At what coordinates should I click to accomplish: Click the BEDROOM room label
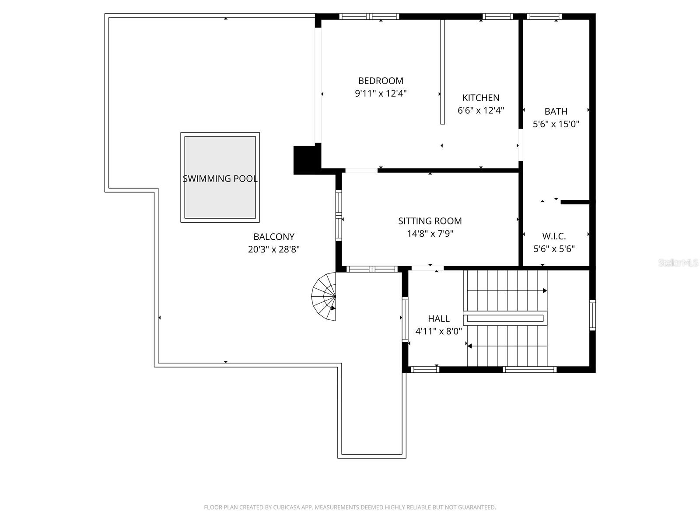(381, 80)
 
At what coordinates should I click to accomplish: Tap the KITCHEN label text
(480, 98)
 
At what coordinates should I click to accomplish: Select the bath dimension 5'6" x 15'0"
(556, 124)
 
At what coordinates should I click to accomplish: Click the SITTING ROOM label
(430, 221)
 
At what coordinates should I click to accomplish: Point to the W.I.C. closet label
(554, 236)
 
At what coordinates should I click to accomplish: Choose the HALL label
(439, 318)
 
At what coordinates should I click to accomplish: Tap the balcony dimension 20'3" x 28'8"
(273, 249)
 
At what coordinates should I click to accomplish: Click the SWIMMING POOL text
(220, 178)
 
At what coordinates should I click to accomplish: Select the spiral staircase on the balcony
(324, 297)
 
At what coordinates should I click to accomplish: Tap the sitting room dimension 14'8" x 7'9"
(430, 234)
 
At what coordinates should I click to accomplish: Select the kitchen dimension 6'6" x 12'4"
(480, 110)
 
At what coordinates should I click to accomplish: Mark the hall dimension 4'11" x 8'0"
(438, 331)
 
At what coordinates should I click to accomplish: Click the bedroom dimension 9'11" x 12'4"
(381, 93)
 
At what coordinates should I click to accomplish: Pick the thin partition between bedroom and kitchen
(442, 72)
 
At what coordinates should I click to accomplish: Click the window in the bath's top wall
(544, 17)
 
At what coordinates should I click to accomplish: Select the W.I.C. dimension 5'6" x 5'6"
(554, 249)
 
